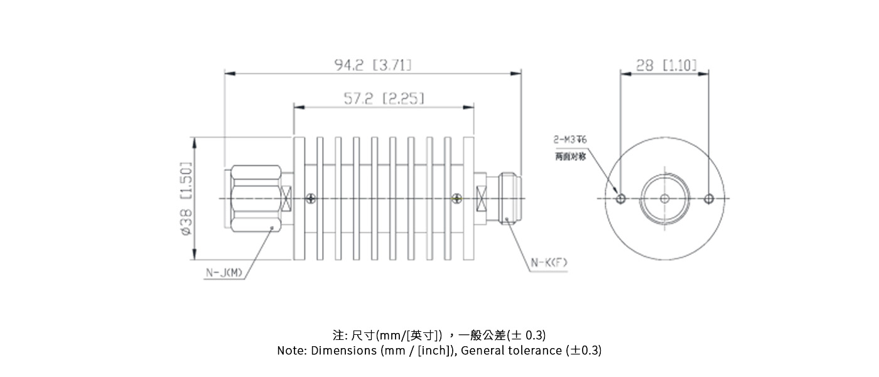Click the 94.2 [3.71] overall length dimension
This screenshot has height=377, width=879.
373,64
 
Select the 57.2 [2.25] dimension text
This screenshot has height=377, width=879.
384,98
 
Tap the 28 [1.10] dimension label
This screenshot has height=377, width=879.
666,64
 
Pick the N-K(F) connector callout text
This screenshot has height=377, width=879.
549,263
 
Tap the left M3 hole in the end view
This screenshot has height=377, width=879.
621,199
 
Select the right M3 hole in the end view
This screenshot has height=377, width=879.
709,199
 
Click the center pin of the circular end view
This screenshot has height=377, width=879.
665,199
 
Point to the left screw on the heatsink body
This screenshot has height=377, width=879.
311,199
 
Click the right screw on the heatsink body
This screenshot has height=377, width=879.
456,199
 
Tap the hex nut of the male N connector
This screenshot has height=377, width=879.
256,199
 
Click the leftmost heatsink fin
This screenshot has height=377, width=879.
299,198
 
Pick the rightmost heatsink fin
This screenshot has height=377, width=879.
468,198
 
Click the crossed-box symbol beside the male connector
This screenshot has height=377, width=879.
287,199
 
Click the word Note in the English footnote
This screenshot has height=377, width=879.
291,351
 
